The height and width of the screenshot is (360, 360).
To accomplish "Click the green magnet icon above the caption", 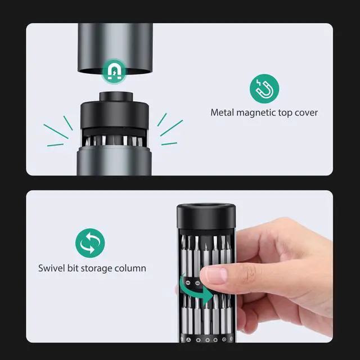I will point(264,89).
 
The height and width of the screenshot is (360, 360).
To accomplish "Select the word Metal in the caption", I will point(223,112).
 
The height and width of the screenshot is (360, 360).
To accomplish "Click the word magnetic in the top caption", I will point(256,112).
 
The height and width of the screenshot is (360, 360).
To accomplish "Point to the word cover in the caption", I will point(307,112).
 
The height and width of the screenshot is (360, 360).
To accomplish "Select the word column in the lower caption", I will point(132,268).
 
